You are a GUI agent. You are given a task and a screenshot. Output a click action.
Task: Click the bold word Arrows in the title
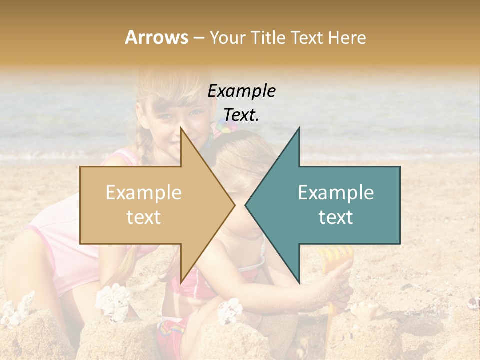(157, 37)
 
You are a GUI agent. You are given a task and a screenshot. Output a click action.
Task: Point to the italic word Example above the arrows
(242, 91)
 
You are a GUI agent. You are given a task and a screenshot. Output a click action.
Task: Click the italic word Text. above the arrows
(242, 115)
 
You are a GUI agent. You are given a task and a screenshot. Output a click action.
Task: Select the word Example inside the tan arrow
(144, 193)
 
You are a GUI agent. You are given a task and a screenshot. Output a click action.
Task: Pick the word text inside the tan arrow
(144, 217)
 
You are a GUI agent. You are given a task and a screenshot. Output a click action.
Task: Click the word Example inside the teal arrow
(336, 193)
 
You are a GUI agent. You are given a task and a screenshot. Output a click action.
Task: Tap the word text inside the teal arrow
(336, 217)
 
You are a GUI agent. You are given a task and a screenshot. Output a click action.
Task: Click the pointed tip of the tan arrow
(234, 205)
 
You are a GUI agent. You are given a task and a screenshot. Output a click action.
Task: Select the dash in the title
(198, 38)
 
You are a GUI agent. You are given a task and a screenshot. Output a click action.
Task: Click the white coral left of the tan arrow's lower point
(113, 300)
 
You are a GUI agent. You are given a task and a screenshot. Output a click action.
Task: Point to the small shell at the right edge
(472, 303)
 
